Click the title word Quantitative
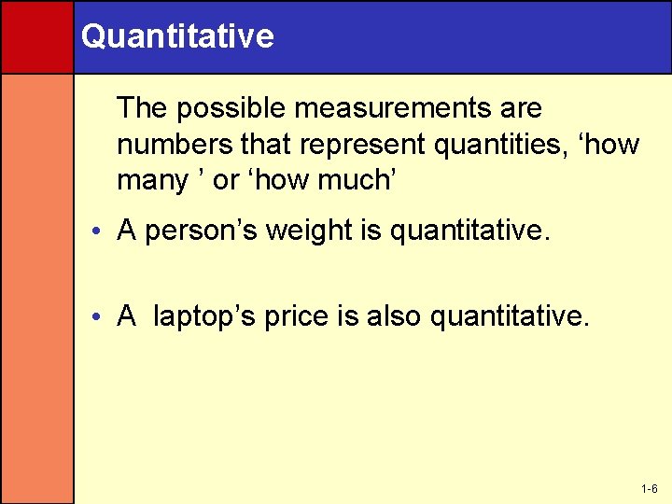pyautogui.click(x=177, y=36)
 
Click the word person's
pyautogui.click(x=202, y=231)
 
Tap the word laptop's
pyautogui.click(x=203, y=316)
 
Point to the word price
pyautogui.click(x=297, y=316)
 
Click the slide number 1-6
pyautogui.click(x=650, y=489)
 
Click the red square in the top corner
pyautogui.click(x=36, y=36)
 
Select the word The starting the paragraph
pyautogui.click(x=142, y=108)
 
